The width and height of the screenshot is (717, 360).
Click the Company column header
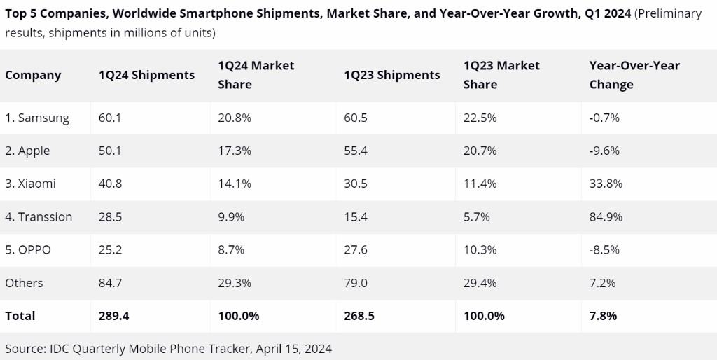pyautogui.click(x=33, y=75)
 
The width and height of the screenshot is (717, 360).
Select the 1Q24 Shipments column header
pyautogui.click(x=146, y=75)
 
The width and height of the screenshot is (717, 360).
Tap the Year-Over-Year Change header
pyautogui.click(x=634, y=75)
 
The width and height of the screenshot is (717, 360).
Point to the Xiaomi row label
pyautogui.click(x=30, y=184)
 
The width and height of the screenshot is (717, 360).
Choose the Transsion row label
pyautogui.click(x=39, y=216)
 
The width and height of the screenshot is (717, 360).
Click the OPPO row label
pyautogui.click(x=28, y=249)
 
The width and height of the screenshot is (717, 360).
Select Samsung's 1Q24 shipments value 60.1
pyautogui.click(x=110, y=118)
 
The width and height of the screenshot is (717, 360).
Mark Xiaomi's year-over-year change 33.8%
pyautogui.click(x=606, y=184)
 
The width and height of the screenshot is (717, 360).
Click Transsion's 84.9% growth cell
pyautogui.click(x=606, y=216)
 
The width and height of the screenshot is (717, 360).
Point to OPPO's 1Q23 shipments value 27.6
pyautogui.click(x=355, y=249)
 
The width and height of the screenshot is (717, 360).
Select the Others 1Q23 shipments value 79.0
pyautogui.click(x=355, y=282)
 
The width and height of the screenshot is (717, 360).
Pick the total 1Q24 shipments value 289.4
pyautogui.click(x=114, y=316)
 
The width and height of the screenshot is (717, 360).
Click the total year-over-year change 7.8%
pyautogui.click(x=603, y=316)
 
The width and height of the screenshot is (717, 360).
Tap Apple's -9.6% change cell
pyautogui.click(x=604, y=151)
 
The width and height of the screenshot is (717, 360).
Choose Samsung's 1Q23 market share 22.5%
pyautogui.click(x=480, y=118)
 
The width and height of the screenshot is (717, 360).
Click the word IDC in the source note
pyautogui.click(x=58, y=348)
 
